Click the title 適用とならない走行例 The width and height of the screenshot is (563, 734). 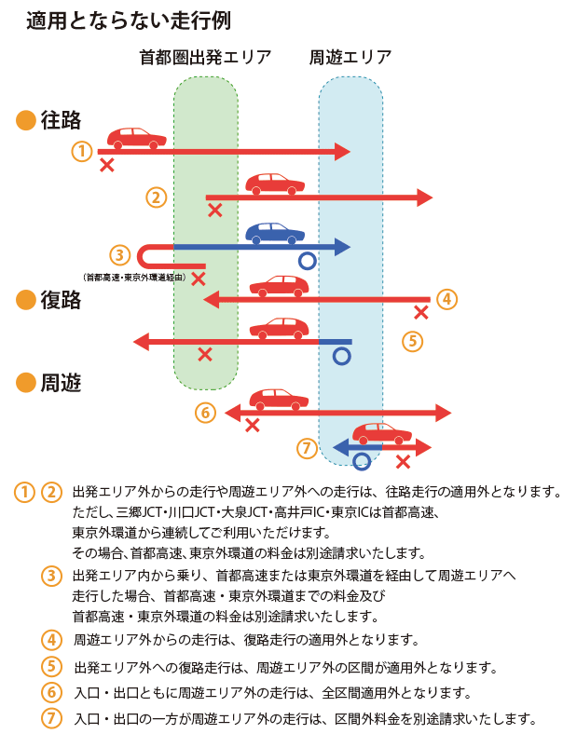(129, 20)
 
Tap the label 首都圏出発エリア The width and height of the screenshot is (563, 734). (205, 59)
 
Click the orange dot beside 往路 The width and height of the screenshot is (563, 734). (26, 120)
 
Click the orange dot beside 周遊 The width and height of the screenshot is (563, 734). (26, 382)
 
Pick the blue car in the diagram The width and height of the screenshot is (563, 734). (274, 231)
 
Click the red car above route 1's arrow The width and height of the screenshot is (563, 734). (137, 138)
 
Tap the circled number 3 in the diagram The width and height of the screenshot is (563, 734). (119, 254)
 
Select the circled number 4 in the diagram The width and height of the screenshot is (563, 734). (446, 299)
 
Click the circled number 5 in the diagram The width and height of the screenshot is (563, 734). (414, 340)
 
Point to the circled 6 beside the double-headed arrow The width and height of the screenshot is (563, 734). (206, 412)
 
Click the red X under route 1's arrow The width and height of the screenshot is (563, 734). (107, 165)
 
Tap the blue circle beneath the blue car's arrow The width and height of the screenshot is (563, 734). (307, 262)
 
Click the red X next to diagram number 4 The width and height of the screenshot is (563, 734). (421, 312)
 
